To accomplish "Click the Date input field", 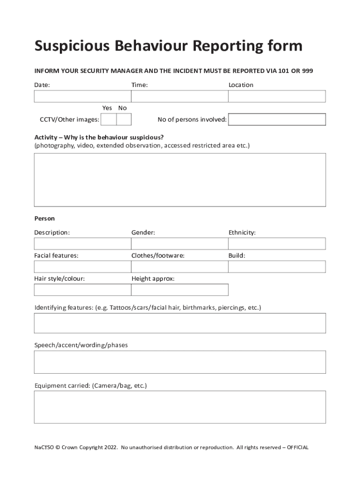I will click(82, 96).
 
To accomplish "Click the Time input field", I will click(180, 96).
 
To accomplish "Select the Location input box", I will click(277, 96).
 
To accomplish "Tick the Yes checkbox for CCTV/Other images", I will click(108, 120).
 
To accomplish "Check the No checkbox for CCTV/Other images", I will click(123, 120).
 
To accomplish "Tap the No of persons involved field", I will click(277, 120).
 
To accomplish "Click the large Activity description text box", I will click(180, 180).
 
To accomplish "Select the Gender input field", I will click(180, 244).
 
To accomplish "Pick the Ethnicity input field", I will click(277, 244).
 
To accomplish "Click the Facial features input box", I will click(82, 267).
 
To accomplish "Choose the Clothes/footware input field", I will click(180, 267).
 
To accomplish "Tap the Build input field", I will click(277, 267).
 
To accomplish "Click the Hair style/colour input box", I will click(82, 290).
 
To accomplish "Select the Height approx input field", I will click(180, 290).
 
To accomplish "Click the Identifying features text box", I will click(180, 323).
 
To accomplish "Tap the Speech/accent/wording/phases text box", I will click(180, 362).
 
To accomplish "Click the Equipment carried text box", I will click(180, 407).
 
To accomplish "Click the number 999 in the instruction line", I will click(307, 71).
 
